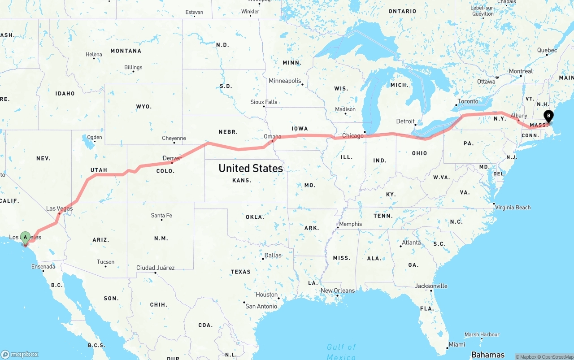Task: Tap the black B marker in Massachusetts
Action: (x=548, y=116)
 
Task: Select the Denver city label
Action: (x=172, y=158)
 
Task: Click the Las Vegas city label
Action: (x=59, y=208)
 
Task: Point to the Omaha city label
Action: (x=273, y=136)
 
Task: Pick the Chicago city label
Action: (x=353, y=135)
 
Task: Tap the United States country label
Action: (x=251, y=168)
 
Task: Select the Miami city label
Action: (x=457, y=344)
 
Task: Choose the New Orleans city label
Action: (x=338, y=291)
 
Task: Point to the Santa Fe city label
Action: (x=161, y=215)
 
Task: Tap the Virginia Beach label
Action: (x=513, y=207)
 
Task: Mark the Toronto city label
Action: (x=468, y=101)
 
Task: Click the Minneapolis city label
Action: (x=285, y=81)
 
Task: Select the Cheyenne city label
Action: (x=174, y=138)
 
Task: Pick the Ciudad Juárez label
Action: (x=156, y=268)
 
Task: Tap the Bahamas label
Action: (x=488, y=355)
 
